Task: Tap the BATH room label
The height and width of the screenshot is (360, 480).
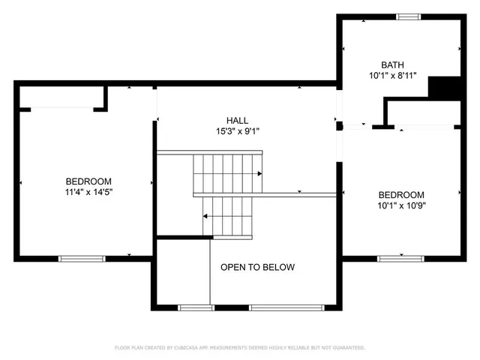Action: (x=392, y=64)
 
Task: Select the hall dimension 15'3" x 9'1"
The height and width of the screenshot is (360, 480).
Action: (x=238, y=131)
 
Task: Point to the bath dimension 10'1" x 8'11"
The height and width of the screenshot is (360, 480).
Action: (x=392, y=76)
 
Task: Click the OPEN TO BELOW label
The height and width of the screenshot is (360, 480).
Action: (x=257, y=267)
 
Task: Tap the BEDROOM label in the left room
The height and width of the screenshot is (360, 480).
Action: (x=88, y=181)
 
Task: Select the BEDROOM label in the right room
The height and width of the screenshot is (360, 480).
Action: (x=400, y=194)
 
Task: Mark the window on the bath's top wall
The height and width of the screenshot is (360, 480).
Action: (x=409, y=16)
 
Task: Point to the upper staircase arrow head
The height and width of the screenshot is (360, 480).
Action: (x=259, y=174)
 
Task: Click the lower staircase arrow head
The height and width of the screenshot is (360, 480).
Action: (x=205, y=217)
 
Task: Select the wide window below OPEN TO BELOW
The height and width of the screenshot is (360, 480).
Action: (x=287, y=307)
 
